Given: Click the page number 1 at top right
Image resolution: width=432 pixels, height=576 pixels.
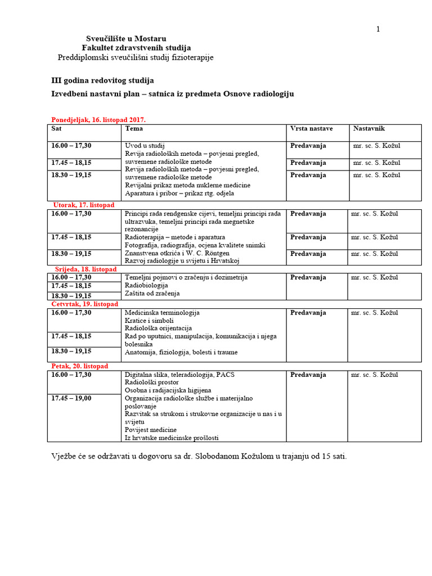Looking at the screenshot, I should pyautogui.click(x=378, y=29).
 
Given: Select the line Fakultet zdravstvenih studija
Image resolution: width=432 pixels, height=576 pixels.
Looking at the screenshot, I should pyautogui.click(x=136, y=48).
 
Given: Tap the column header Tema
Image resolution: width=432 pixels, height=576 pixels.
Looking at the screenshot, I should pyautogui.click(x=134, y=129).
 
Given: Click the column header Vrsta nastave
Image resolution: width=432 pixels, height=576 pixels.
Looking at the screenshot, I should pyautogui.click(x=311, y=129).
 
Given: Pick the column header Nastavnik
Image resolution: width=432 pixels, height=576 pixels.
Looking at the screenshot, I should pyautogui.click(x=369, y=129).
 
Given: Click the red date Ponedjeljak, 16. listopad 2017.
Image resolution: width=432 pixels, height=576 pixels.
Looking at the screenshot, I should pyautogui.click(x=98, y=120).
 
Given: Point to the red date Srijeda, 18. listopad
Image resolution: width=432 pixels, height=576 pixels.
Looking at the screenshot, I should pyautogui.click(x=85, y=269).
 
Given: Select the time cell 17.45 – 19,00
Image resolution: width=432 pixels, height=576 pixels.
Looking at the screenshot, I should pyautogui.click(x=71, y=398).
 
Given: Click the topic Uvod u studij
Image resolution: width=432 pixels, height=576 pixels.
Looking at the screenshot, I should pyautogui.click(x=145, y=146).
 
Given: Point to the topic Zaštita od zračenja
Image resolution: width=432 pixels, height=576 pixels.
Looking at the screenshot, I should pyautogui.click(x=152, y=294).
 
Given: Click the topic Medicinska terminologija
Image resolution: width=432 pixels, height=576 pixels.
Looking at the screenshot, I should pyautogui.click(x=162, y=313).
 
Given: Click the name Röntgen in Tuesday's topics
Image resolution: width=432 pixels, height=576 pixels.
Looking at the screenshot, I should pyautogui.click(x=217, y=253).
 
